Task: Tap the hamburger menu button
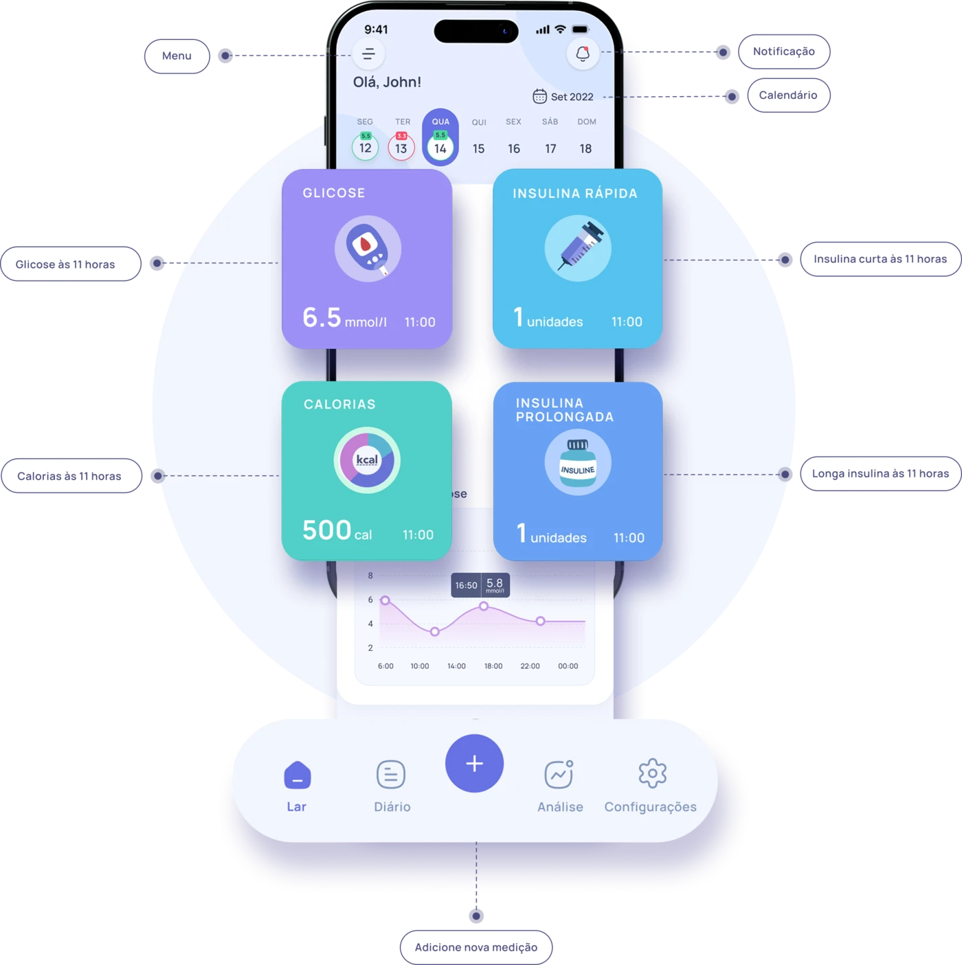pyautogui.click(x=368, y=54)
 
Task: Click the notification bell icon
pyautogui.click(x=583, y=54)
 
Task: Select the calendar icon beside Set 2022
pyautogui.click(x=540, y=96)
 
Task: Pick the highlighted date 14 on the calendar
pyautogui.click(x=440, y=148)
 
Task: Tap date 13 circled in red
pyautogui.click(x=401, y=148)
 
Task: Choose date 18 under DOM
pyautogui.click(x=585, y=148)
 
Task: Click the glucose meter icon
pyautogui.click(x=368, y=249)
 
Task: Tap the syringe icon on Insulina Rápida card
pyautogui.click(x=578, y=247)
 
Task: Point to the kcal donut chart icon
pyautogui.click(x=367, y=460)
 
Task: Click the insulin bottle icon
pyautogui.click(x=578, y=463)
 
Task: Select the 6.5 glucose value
pyautogui.click(x=322, y=317)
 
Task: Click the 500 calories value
pyautogui.click(x=327, y=530)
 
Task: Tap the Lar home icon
pyautogui.click(x=297, y=775)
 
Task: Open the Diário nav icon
pyautogui.click(x=391, y=775)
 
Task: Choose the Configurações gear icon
pyautogui.click(x=652, y=774)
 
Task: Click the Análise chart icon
pyautogui.click(x=559, y=774)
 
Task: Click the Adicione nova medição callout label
pyautogui.click(x=476, y=947)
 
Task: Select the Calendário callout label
pyautogui.click(x=787, y=95)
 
